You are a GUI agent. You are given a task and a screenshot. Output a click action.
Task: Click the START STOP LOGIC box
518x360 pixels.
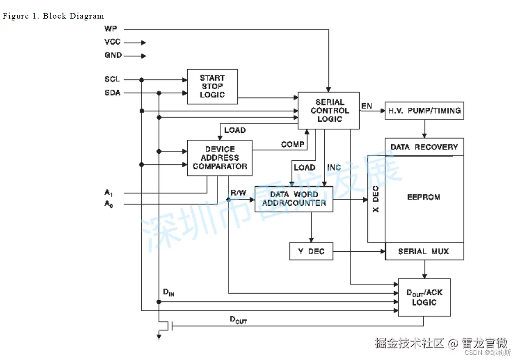click(212, 86)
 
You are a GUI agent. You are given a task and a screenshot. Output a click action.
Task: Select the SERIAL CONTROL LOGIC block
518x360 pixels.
click(329, 111)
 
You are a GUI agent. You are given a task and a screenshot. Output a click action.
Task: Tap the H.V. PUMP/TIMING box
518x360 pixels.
click(424, 111)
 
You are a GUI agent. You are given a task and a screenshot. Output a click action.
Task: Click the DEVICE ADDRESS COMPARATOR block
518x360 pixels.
click(220, 158)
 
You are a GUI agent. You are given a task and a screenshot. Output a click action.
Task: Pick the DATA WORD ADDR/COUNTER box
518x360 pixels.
click(294, 199)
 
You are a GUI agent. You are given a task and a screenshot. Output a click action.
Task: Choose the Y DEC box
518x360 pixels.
click(311, 251)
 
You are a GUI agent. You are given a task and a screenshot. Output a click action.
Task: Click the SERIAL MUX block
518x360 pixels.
click(424, 251)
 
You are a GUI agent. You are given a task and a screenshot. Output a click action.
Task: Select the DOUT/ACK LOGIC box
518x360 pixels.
click(424, 297)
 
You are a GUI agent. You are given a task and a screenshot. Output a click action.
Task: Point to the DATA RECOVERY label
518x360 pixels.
click(424, 147)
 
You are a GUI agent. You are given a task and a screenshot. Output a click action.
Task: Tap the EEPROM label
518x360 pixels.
click(423, 197)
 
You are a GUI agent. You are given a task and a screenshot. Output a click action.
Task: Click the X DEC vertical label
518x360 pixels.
click(376, 199)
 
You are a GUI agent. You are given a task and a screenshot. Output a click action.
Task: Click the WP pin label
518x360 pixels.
click(111, 29)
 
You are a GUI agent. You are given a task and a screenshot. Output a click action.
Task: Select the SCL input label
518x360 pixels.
click(112, 79)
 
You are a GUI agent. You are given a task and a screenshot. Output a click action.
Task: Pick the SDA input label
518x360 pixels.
click(112, 93)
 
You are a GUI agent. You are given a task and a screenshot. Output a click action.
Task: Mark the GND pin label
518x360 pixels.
click(113, 55)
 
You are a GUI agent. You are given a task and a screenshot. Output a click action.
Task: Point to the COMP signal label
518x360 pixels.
click(292, 144)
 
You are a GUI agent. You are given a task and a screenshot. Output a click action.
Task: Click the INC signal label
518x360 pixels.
click(334, 167)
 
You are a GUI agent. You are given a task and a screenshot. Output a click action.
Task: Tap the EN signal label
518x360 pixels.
click(367, 106)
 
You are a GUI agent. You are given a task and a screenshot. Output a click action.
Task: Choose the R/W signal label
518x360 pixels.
click(238, 192)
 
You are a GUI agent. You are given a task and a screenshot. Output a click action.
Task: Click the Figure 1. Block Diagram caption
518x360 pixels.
click(53, 16)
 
